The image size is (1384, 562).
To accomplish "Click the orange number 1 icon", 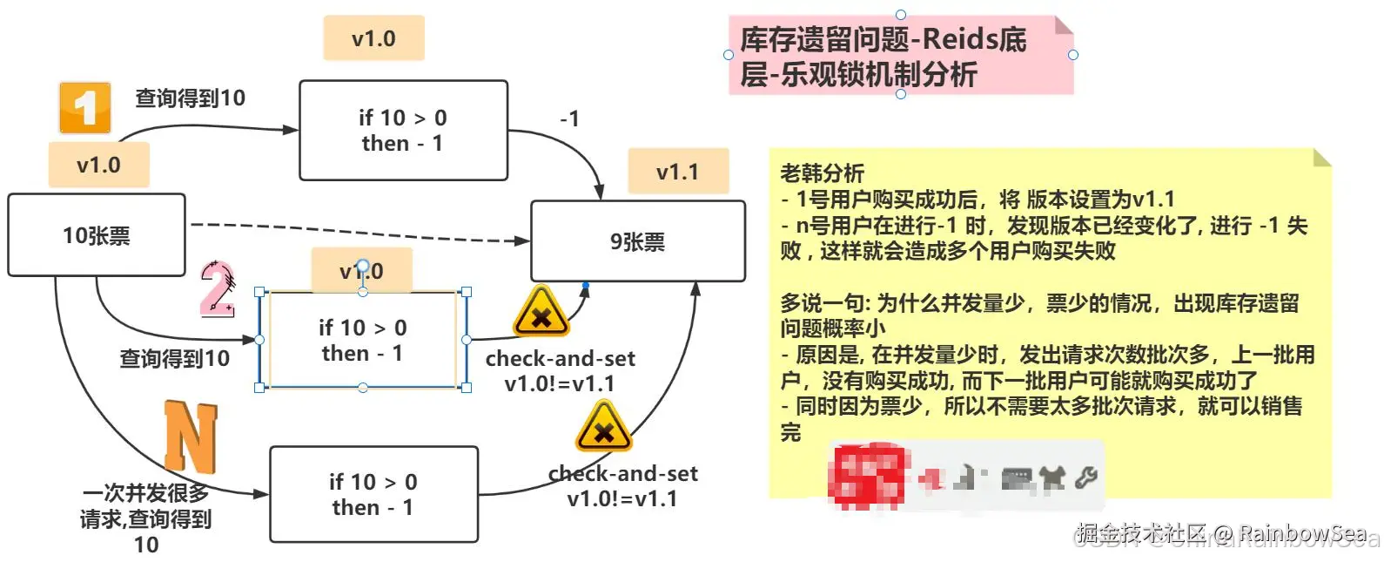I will click(84, 108).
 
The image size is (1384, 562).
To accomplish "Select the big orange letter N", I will click(191, 436).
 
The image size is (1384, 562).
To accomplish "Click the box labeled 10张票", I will click(97, 235).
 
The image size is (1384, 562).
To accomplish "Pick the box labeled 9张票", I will click(637, 241).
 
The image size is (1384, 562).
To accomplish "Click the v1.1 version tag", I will click(677, 172).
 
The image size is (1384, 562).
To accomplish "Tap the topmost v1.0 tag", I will click(373, 38).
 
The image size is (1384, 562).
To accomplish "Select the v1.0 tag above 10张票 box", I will click(98, 165).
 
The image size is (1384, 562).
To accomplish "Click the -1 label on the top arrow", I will click(569, 118).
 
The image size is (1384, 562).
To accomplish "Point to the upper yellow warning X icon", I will click(541, 314).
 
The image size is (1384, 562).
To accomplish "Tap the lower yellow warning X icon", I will click(603, 428).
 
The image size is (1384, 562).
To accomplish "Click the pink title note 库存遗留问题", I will click(900, 56).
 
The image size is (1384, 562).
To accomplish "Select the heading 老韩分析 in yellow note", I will click(822, 173).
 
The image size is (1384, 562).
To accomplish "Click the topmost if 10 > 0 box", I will click(403, 131).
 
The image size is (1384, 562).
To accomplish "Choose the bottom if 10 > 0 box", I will click(373, 494).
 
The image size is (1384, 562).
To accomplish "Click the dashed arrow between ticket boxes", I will click(357, 232).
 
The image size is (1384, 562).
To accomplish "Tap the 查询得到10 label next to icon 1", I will click(190, 98).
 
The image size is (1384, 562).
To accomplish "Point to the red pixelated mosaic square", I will click(866, 476).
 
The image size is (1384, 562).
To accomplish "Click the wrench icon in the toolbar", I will click(1085, 477).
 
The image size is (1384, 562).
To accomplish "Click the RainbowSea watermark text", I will click(1302, 532).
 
